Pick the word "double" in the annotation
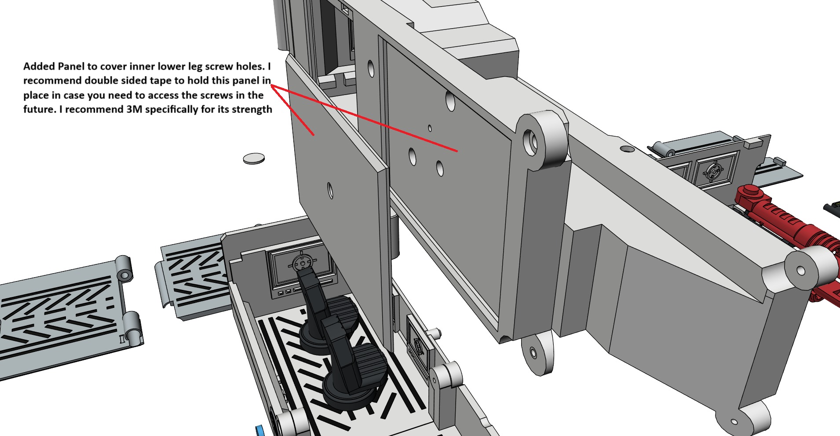[101, 81]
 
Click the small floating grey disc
[254, 158]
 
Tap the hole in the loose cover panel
[330, 191]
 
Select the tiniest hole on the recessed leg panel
[430, 128]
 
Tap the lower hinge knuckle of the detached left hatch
[132, 329]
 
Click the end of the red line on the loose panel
[313, 135]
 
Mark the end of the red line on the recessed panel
[457, 151]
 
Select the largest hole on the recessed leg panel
[450, 101]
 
